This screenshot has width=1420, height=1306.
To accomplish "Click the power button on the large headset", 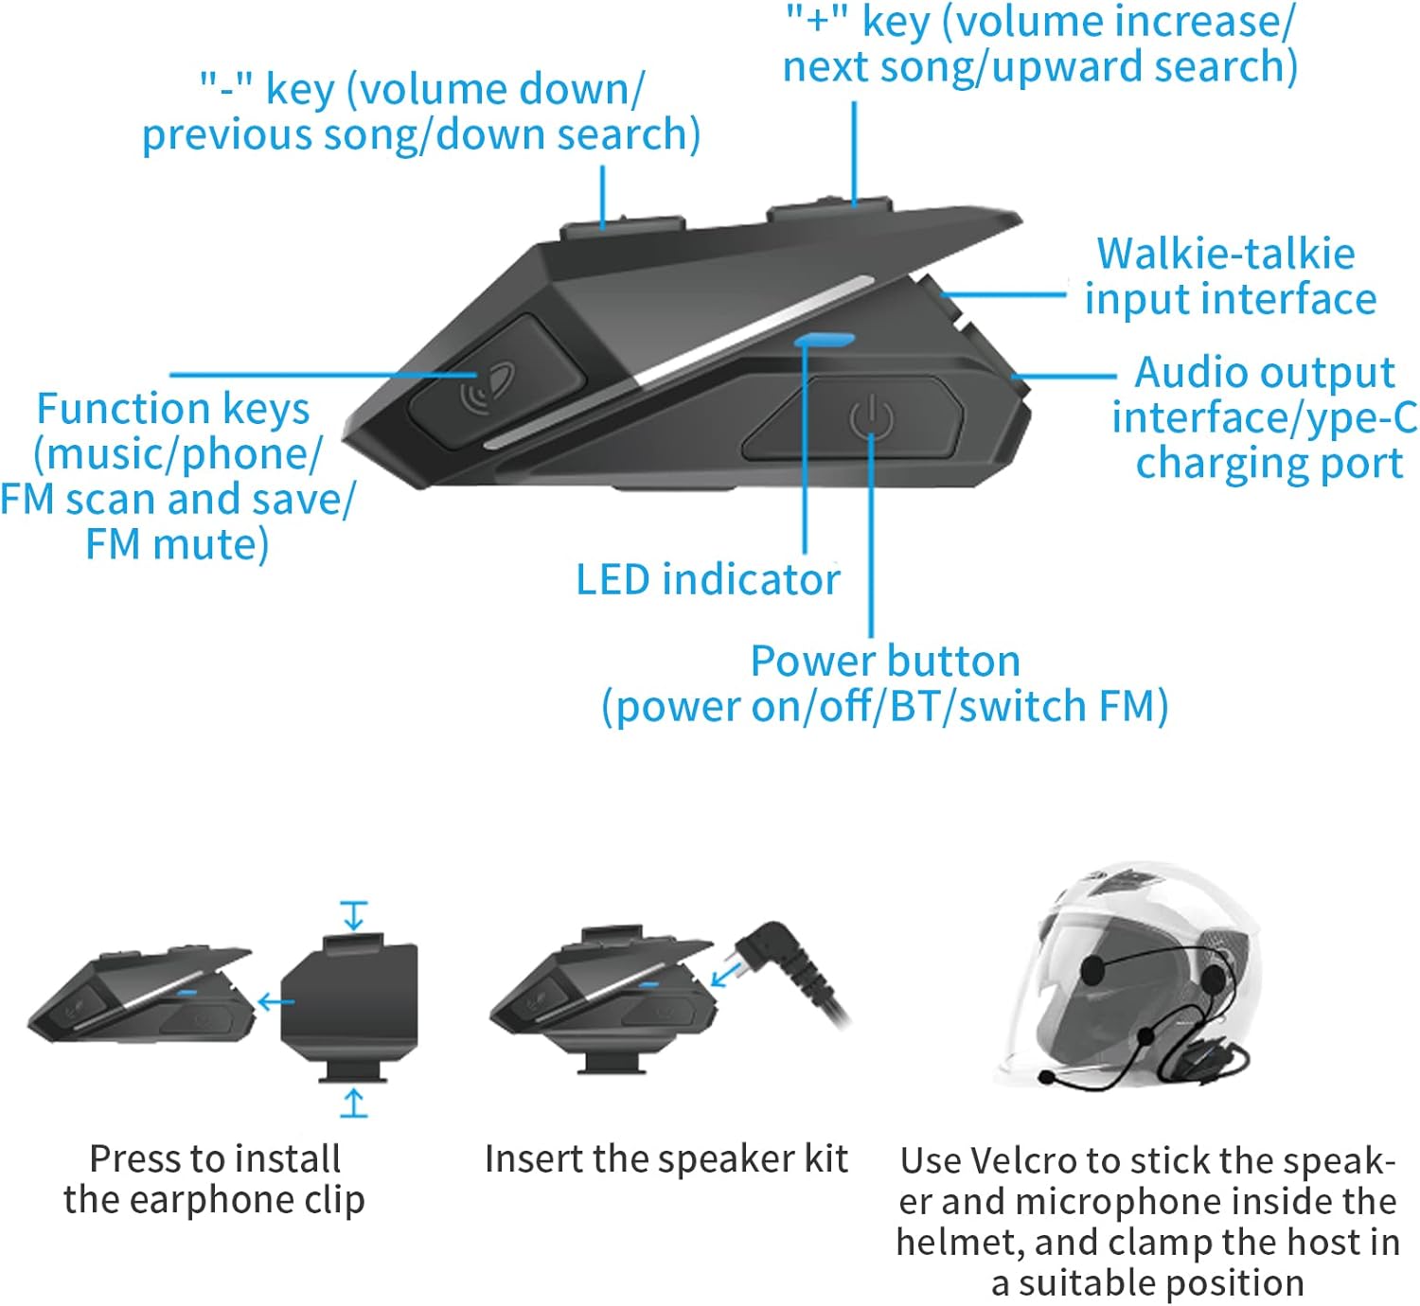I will pos(869,417).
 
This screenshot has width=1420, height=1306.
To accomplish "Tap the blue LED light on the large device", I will pos(825,339).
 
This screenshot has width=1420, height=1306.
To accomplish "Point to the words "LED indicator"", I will pos(707,579).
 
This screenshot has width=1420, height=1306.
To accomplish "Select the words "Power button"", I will pos(885,661).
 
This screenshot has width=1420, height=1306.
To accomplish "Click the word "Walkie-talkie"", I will pos(1226,254).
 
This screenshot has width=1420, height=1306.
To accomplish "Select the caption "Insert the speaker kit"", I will pos(666,1158).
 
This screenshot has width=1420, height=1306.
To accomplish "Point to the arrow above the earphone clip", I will pos(354,915).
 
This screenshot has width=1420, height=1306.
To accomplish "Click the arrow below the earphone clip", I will pos(354,1103).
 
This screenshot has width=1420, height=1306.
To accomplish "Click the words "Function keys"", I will pos(173,409).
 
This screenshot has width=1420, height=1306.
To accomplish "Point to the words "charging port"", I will pos(1269,463).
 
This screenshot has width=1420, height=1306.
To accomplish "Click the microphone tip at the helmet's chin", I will pos(1048,1077).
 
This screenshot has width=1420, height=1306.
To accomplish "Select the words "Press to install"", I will pos(215,1158).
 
